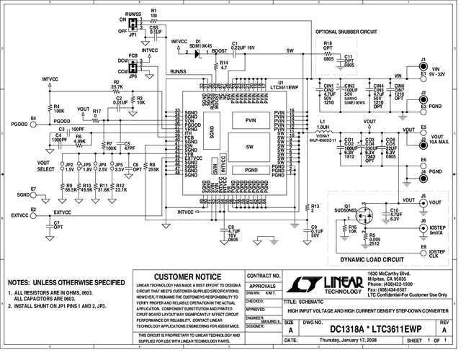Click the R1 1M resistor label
point(154,13)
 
